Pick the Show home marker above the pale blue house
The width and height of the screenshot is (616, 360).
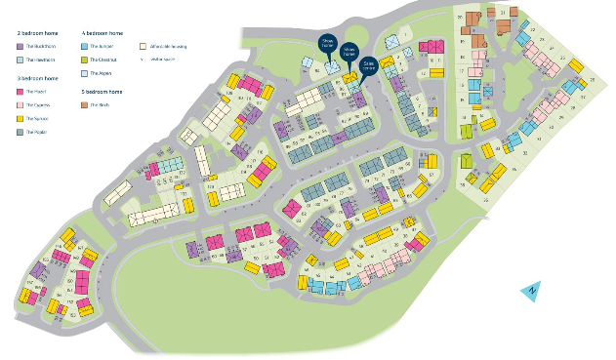click(328, 43)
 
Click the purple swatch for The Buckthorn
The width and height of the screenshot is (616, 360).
click(21, 46)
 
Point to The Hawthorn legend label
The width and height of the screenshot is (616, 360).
click(39, 60)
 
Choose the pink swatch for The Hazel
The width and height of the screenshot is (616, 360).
click(21, 91)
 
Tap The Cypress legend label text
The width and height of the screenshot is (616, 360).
click(38, 104)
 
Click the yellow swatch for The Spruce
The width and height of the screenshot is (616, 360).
click(21, 117)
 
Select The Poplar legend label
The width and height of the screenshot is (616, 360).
click(37, 131)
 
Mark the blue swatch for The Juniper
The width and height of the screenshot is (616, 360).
click(85, 46)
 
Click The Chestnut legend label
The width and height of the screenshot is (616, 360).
click(103, 60)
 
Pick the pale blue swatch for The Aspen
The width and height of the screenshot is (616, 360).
click(85, 73)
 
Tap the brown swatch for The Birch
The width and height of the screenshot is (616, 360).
click(85, 104)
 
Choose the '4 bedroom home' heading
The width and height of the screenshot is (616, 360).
click(103, 32)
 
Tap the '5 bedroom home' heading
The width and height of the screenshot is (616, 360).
click(103, 91)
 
